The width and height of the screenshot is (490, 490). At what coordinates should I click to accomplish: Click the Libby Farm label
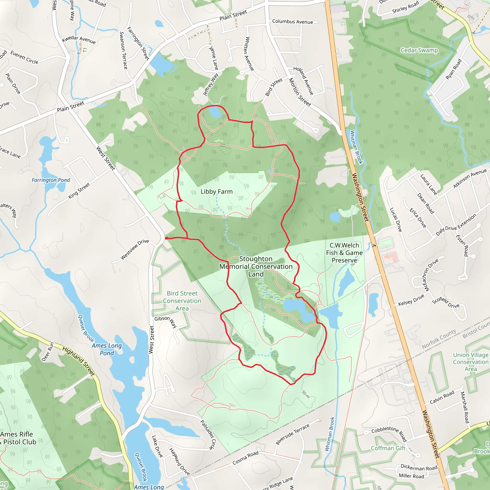[x=216, y=192]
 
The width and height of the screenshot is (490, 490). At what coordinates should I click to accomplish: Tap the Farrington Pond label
[x=51, y=180]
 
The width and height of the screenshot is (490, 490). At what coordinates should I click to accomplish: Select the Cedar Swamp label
[x=419, y=50]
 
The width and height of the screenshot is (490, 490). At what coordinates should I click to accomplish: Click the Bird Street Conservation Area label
[x=182, y=301]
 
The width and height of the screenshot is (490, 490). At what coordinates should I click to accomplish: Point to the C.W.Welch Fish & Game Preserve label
[x=344, y=253]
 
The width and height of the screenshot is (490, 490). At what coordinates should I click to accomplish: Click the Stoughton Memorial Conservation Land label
[x=256, y=266]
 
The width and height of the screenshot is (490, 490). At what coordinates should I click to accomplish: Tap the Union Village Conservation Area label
[x=470, y=362]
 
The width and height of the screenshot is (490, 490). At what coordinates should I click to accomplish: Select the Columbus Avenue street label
[x=292, y=22]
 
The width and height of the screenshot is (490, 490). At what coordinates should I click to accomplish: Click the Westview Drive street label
[x=134, y=249]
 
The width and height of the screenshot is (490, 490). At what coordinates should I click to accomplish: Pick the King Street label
[x=79, y=191]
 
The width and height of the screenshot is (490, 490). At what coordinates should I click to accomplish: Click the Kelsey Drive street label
[x=411, y=300]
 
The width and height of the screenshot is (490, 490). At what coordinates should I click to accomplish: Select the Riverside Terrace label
[x=292, y=434]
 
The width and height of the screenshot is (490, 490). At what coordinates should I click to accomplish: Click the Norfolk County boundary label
[x=439, y=339]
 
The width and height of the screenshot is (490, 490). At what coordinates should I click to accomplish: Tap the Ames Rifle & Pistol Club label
[x=18, y=438]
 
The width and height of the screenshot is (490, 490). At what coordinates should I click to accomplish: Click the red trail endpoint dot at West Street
[x=166, y=238]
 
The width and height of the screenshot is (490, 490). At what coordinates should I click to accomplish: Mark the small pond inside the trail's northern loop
[x=215, y=112]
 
